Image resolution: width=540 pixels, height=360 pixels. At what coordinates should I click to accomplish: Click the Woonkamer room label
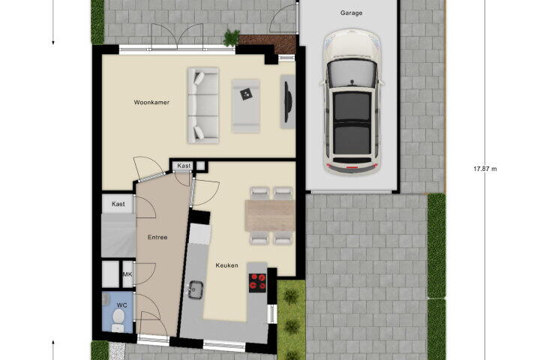(151, 102)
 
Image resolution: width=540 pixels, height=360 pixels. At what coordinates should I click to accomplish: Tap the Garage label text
(351, 13)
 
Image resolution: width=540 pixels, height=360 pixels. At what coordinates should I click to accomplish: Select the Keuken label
(226, 265)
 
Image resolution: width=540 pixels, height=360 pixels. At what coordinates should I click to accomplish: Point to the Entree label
(157, 237)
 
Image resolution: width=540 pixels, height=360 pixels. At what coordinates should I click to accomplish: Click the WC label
(122, 305)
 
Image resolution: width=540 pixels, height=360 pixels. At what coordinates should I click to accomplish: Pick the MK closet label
(127, 274)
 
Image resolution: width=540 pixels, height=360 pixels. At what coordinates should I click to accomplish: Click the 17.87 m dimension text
(485, 169)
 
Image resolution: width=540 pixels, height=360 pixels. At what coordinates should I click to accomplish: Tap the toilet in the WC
(118, 319)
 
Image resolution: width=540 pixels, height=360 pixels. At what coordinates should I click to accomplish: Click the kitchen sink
(195, 289)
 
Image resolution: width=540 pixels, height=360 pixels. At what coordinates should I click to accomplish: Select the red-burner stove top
(257, 283)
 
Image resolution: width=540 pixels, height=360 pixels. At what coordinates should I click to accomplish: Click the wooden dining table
(270, 216)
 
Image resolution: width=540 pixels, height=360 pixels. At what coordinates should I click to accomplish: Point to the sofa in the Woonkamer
(202, 105)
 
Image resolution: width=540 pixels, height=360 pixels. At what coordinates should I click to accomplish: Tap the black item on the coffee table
(246, 94)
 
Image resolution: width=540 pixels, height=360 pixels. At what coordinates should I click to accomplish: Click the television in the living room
(288, 102)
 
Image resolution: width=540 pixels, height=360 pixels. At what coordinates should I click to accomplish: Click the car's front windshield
(352, 73)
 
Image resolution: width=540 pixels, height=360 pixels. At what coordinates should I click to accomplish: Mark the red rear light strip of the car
(352, 167)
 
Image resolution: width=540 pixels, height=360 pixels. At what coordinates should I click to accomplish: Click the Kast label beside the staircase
(118, 204)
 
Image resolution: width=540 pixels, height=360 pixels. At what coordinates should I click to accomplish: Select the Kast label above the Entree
(184, 166)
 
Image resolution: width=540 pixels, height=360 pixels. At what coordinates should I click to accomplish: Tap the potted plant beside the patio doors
(231, 37)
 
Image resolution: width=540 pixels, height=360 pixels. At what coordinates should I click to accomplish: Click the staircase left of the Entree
(118, 235)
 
